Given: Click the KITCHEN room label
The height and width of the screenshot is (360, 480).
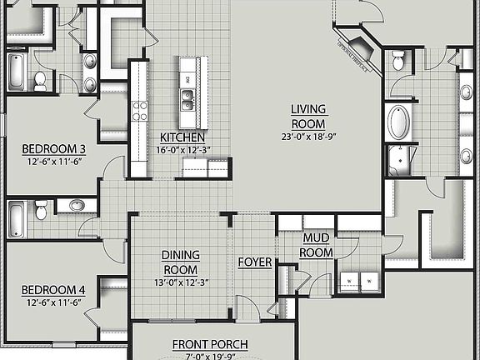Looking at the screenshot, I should [184, 137].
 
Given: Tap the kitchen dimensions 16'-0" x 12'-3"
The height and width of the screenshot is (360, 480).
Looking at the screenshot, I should [184, 149].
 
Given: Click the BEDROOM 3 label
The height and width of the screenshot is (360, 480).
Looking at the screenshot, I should [53, 150].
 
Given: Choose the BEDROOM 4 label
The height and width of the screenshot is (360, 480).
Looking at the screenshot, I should [53, 290].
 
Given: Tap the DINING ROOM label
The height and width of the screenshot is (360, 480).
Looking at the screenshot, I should [179, 263].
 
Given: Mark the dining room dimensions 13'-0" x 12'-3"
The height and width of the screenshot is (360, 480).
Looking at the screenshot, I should [179, 282].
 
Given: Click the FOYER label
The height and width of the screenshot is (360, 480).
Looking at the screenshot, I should [255, 262].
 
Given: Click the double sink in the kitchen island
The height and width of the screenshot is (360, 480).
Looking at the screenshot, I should [187, 99].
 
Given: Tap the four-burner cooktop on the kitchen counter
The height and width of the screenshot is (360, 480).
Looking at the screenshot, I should [139, 110].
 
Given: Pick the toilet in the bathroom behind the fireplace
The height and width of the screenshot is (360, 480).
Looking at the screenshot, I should [398, 61].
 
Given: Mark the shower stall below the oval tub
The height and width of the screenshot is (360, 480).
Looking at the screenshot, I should [403, 158].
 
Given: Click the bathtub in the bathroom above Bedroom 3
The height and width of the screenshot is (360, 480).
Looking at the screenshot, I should [17, 72].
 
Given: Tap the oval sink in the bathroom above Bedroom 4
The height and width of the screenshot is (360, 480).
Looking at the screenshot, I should [77, 205].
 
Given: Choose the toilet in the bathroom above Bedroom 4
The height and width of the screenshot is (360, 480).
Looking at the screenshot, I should [40, 212].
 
